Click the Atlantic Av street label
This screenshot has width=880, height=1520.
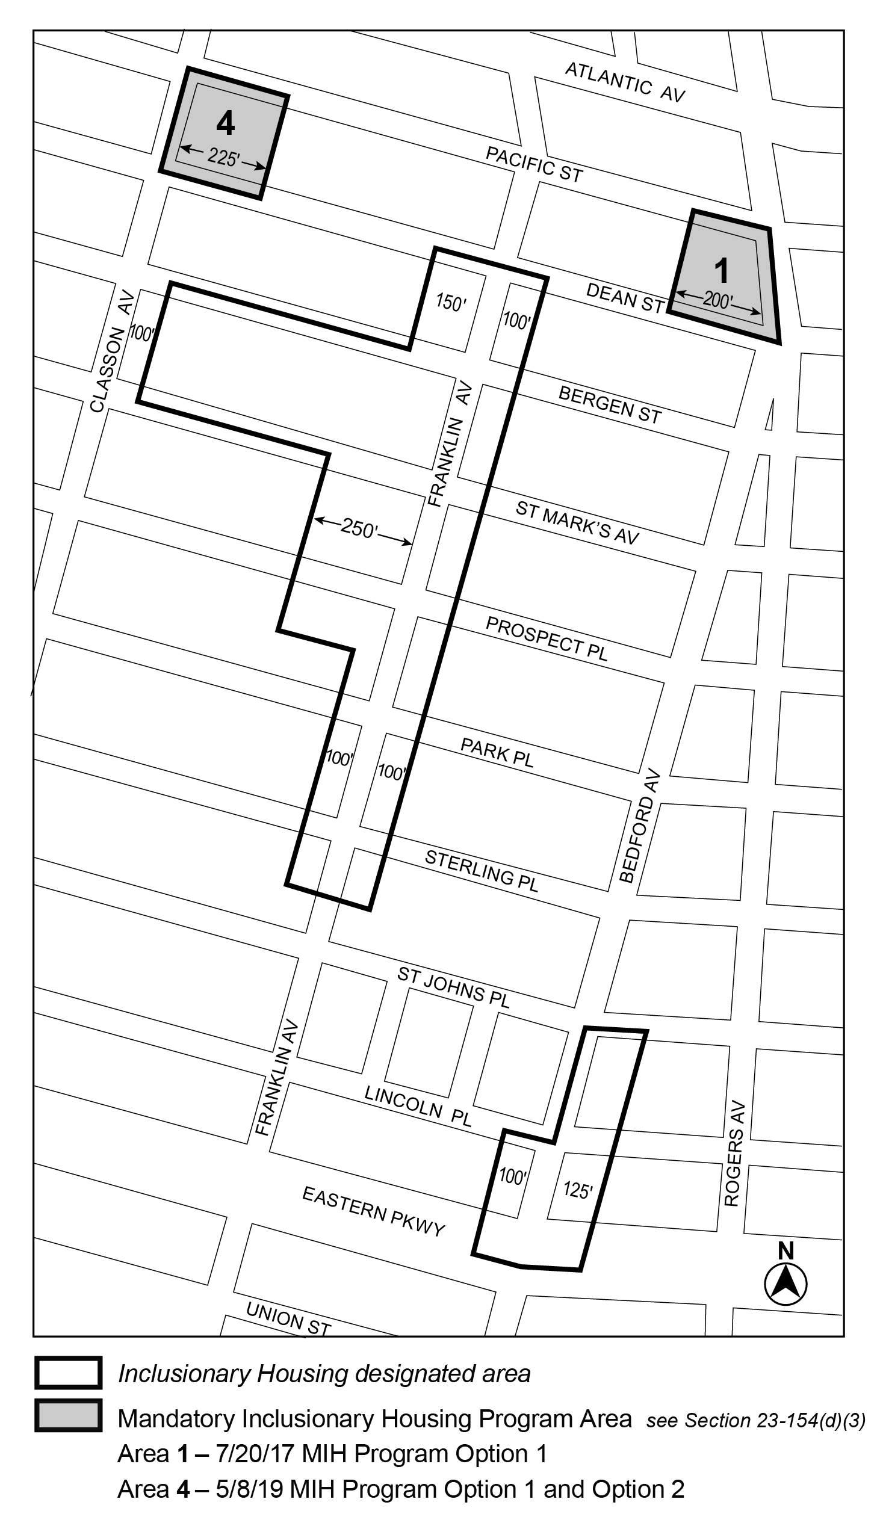pyautogui.click(x=625, y=82)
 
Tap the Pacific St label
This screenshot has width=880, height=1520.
pyautogui.click(x=535, y=164)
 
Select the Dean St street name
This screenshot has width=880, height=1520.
pyautogui.click(x=625, y=298)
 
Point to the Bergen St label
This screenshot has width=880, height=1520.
pyautogui.click(x=610, y=404)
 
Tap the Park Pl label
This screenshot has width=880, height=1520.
pyautogui.click(x=497, y=752)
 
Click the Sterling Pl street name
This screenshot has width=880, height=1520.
pyautogui.click(x=482, y=871)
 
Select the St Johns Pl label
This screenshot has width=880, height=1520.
pyautogui.click(x=454, y=987)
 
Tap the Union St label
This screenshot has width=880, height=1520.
pyautogui.click(x=288, y=1318)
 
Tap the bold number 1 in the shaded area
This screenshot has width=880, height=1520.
pyautogui.click(x=721, y=270)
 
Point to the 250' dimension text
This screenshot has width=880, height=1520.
pyautogui.click(x=359, y=528)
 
